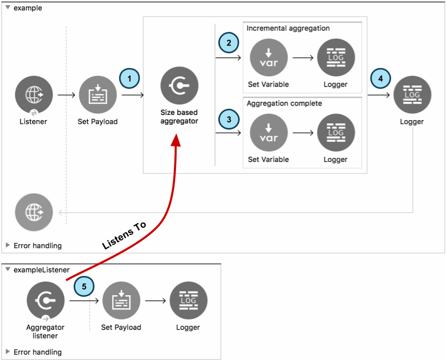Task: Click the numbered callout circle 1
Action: point(130,78)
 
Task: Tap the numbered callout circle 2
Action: point(228,42)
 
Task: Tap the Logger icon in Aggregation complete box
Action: point(336,133)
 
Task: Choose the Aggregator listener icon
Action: point(45,301)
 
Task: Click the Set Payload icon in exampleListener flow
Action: point(121,301)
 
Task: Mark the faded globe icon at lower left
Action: point(34,212)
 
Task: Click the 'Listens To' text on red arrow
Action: point(124,236)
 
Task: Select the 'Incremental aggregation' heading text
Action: point(288,28)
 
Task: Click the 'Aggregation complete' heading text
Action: point(284,103)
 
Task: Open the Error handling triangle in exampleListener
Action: point(7,352)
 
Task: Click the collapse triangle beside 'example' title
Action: point(7,8)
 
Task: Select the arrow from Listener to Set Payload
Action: point(66,96)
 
